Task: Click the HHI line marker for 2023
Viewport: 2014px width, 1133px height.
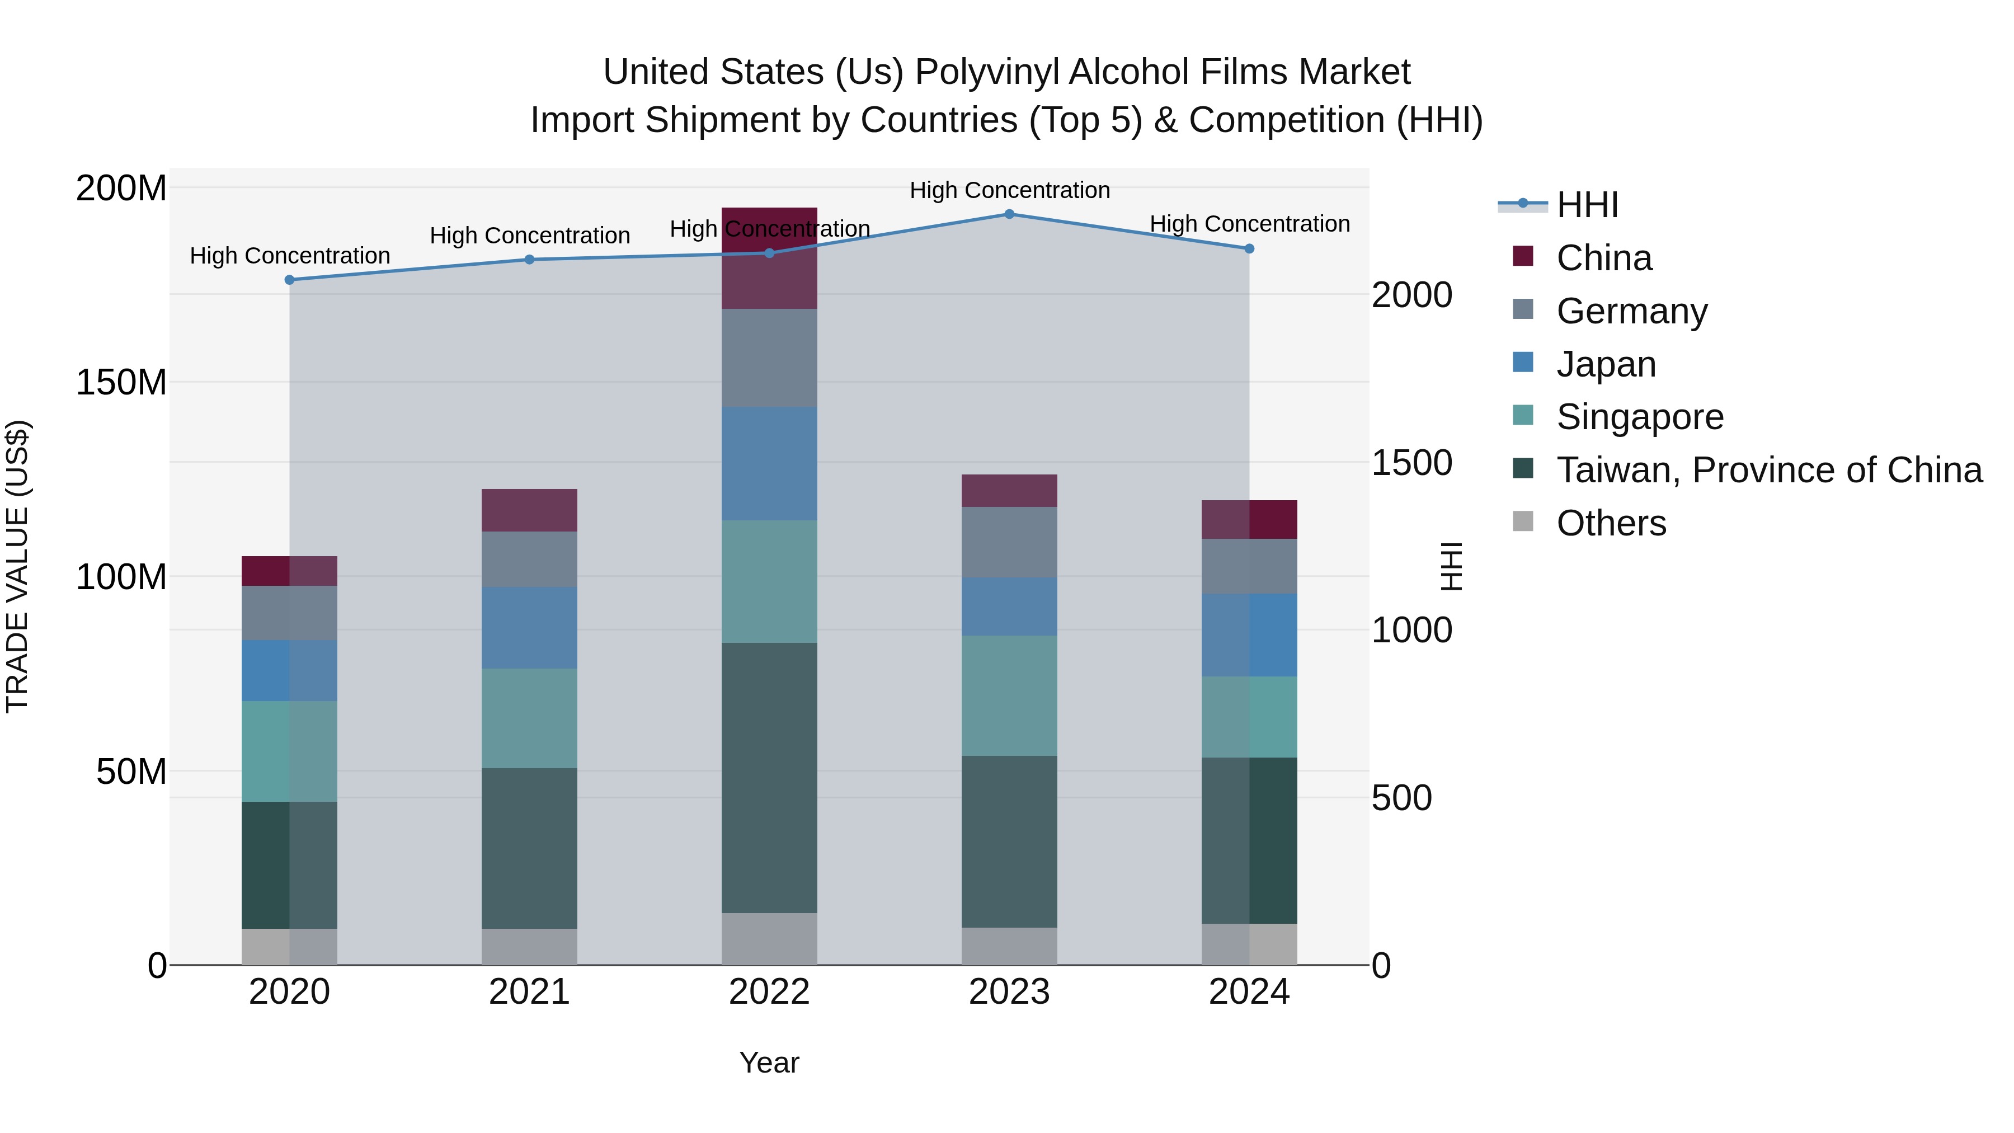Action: coord(1009,214)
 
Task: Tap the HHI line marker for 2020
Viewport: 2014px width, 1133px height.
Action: coord(289,280)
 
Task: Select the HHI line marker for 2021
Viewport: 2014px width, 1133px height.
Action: coord(529,260)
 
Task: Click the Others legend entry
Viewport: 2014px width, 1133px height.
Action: coord(1611,523)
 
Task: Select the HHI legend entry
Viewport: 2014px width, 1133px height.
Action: coord(1587,205)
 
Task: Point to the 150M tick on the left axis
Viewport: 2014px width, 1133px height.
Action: coord(121,382)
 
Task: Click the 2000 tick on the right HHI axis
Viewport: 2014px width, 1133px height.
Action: coord(1412,295)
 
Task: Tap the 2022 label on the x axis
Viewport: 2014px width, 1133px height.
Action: coord(769,992)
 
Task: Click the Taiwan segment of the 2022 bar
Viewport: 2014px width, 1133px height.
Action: coord(769,778)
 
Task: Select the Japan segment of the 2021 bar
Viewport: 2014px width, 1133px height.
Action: coord(529,628)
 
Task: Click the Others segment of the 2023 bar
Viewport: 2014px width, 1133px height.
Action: coord(1009,946)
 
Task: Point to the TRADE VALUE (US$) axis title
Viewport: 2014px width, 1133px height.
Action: coord(17,567)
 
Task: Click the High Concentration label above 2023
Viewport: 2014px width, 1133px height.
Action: coord(1009,190)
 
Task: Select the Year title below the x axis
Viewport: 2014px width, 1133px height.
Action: coord(769,1063)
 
